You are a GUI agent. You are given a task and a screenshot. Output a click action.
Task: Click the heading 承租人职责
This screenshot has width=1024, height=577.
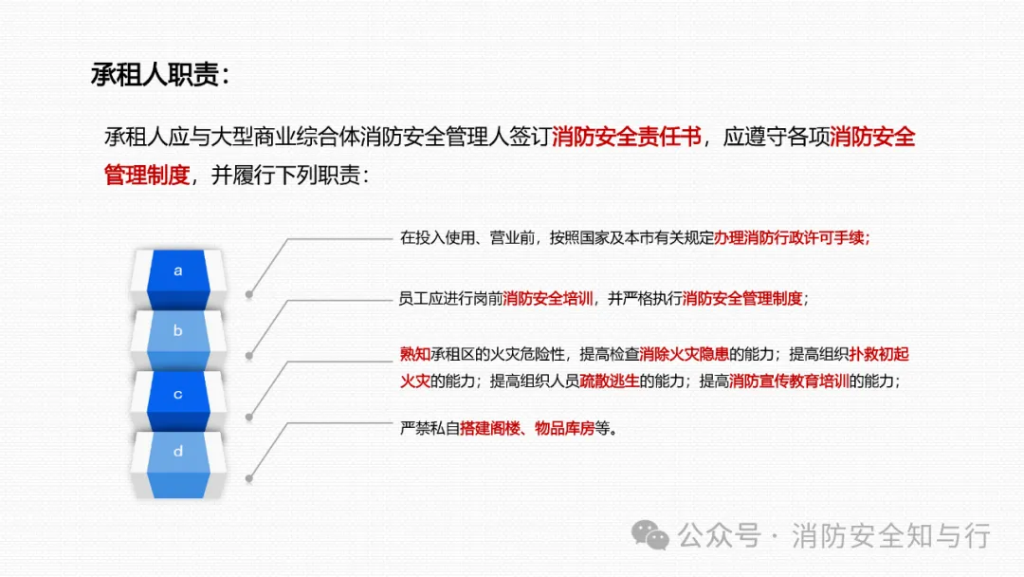[x=159, y=77]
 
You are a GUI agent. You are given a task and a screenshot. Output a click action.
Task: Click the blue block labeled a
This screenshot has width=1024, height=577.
[x=178, y=271]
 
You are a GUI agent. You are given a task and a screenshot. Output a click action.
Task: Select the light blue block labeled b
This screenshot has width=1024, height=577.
[x=178, y=332]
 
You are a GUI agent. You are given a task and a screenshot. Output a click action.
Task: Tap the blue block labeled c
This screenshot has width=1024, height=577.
[x=178, y=394]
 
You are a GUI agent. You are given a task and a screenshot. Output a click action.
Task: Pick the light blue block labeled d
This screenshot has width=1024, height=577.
[x=178, y=453]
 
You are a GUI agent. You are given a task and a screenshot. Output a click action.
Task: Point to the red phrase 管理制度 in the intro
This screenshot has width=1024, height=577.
[x=147, y=176]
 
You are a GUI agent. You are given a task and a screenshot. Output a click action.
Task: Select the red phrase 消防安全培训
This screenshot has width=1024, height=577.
[x=549, y=299]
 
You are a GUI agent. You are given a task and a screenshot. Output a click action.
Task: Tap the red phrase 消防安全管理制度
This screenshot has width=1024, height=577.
[x=742, y=299]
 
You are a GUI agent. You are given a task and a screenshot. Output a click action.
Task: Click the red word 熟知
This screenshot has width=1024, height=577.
[x=414, y=355]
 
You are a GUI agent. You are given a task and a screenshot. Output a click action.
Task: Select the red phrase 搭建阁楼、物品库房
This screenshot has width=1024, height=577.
[x=527, y=429]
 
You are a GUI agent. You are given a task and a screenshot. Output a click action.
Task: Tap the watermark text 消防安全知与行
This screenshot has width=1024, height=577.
[x=890, y=536]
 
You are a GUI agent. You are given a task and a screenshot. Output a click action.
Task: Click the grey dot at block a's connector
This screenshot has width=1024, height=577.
[x=249, y=294]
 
